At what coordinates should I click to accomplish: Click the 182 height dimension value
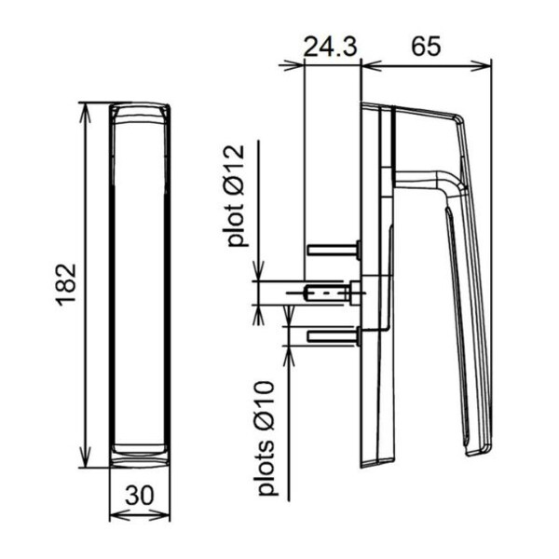pos(66,284)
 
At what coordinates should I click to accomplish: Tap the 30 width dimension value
pos(140,496)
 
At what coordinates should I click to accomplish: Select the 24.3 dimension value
pos(330,47)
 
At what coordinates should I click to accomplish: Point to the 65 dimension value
pos(426,46)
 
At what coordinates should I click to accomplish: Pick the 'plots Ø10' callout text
pos(266,438)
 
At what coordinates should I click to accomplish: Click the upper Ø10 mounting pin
pos(334,249)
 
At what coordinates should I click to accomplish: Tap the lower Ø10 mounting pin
pos(334,336)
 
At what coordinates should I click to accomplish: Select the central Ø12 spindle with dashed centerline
pos(325,293)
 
